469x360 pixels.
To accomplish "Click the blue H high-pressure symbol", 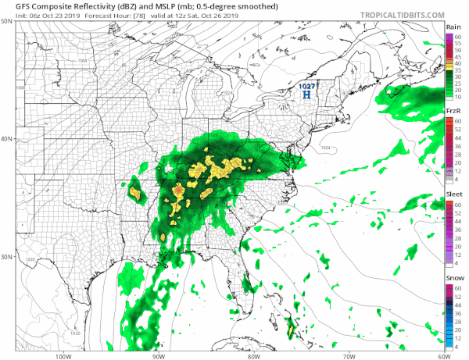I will (x=307, y=94).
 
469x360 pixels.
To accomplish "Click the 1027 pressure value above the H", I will (x=307, y=84).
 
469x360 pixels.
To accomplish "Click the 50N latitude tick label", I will (x=7, y=22).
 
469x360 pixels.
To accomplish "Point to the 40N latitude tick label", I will (x=7, y=140).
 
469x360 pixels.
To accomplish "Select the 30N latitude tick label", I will (x=7, y=257).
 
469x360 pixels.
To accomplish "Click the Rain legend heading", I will (x=452, y=27).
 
